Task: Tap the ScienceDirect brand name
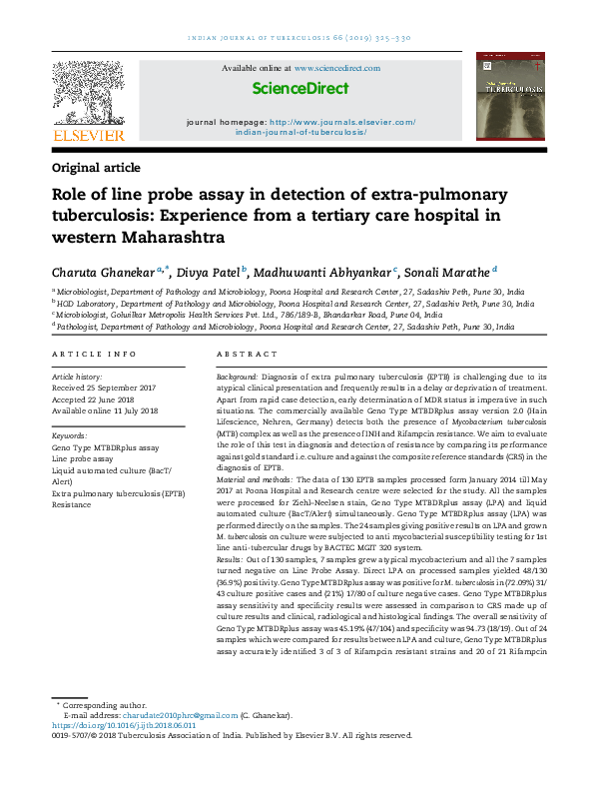(x=300, y=88)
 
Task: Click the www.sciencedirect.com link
(x=336, y=68)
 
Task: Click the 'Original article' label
(x=96, y=168)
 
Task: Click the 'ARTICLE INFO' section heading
(x=94, y=355)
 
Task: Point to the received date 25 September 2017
(x=118, y=388)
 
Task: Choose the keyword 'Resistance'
(x=73, y=504)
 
